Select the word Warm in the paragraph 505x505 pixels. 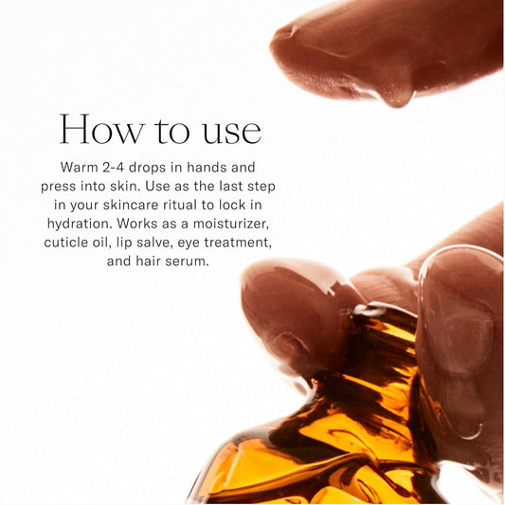81,167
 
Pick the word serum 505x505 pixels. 187,262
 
